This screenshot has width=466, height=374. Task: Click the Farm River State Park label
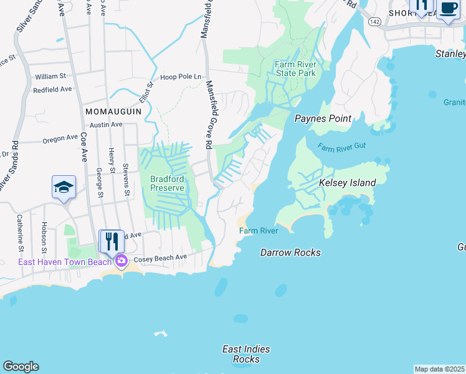click(x=295, y=69)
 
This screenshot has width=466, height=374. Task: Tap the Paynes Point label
click(x=323, y=118)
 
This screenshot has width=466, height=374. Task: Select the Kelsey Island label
click(x=347, y=183)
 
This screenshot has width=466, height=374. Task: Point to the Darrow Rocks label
click(x=290, y=252)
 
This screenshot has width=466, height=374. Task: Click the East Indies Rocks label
click(x=246, y=354)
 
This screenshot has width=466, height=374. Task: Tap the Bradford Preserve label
click(x=167, y=183)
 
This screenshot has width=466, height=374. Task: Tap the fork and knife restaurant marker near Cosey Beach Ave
click(x=112, y=241)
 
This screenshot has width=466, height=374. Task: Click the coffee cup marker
click(x=447, y=9)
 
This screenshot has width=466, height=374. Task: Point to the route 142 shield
click(x=391, y=21)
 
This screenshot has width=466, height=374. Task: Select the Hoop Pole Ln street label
click(x=181, y=77)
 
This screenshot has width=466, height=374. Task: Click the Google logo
click(x=21, y=367)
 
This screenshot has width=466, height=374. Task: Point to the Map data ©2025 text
click(x=439, y=369)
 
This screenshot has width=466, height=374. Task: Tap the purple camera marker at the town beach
click(x=121, y=261)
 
